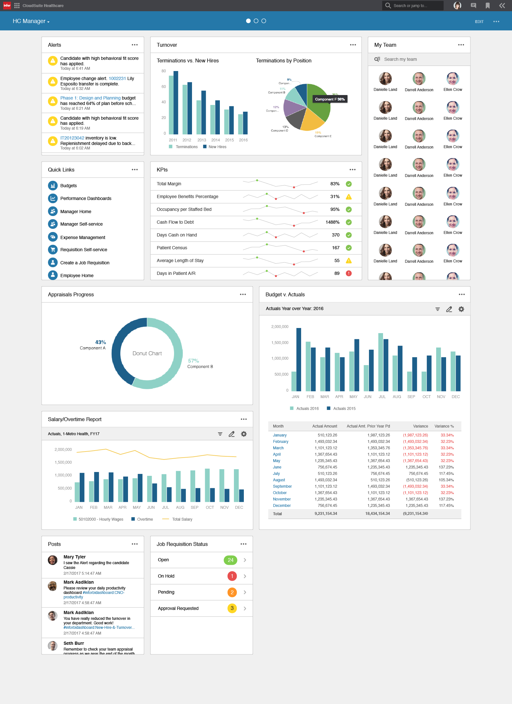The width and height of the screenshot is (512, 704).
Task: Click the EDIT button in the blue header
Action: tap(479, 22)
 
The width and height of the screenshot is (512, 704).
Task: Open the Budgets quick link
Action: tap(68, 186)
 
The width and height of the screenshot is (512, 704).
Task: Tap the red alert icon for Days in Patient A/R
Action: tap(349, 273)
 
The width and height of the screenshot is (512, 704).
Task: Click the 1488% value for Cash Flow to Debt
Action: tap(332, 222)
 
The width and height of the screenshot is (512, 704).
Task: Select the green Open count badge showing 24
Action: tap(230, 560)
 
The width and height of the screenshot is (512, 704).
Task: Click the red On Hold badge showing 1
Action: tap(232, 576)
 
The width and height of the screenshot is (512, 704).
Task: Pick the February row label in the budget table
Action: tap(280, 442)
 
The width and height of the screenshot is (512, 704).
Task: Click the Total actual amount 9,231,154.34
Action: tap(325, 514)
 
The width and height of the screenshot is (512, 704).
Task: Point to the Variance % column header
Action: tap(444, 426)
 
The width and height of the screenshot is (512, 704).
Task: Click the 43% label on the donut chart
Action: tap(100, 342)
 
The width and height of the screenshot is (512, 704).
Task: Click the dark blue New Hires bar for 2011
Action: tap(176, 102)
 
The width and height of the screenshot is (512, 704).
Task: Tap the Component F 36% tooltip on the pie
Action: tap(330, 99)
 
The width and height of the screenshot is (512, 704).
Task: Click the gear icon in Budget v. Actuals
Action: tap(461, 309)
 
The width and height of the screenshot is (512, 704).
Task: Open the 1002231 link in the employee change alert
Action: tap(117, 78)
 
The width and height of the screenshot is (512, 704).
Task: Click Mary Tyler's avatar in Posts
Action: tap(53, 560)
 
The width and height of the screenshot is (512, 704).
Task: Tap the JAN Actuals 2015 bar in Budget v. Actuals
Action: tap(299, 359)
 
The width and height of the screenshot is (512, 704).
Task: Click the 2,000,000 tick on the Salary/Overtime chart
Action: tap(63, 450)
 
